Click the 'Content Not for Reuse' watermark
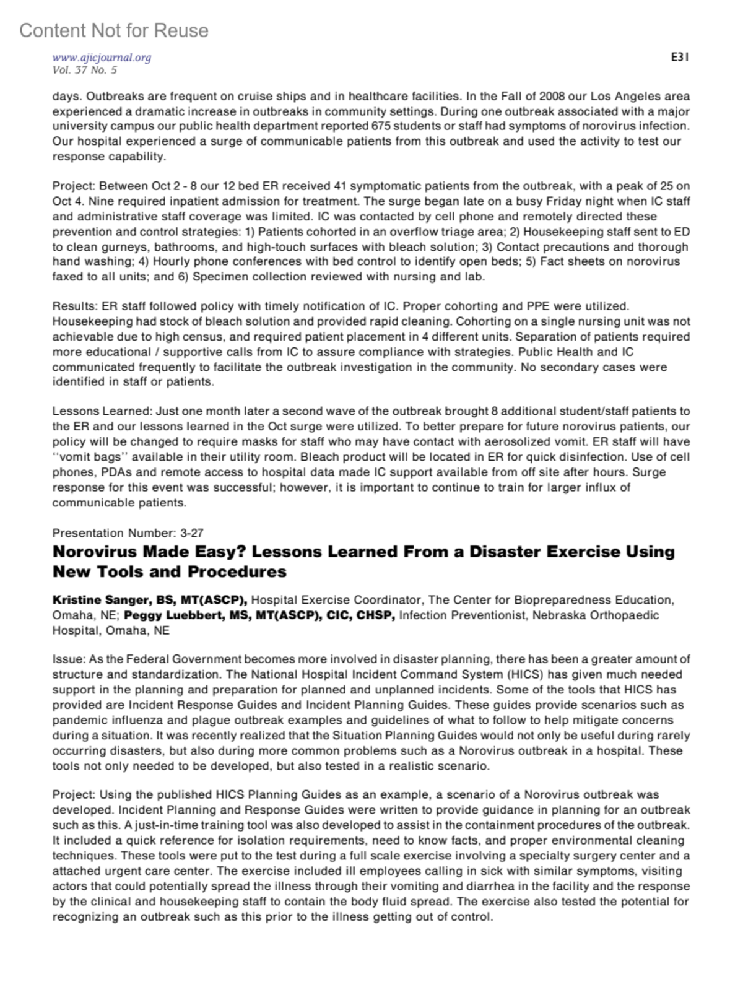point(114,30)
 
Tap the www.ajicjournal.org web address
point(102,58)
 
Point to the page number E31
point(680,58)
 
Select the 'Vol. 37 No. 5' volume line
point(85,70)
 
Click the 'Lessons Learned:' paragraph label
point(102,412)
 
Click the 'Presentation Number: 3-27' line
point(128,533)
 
